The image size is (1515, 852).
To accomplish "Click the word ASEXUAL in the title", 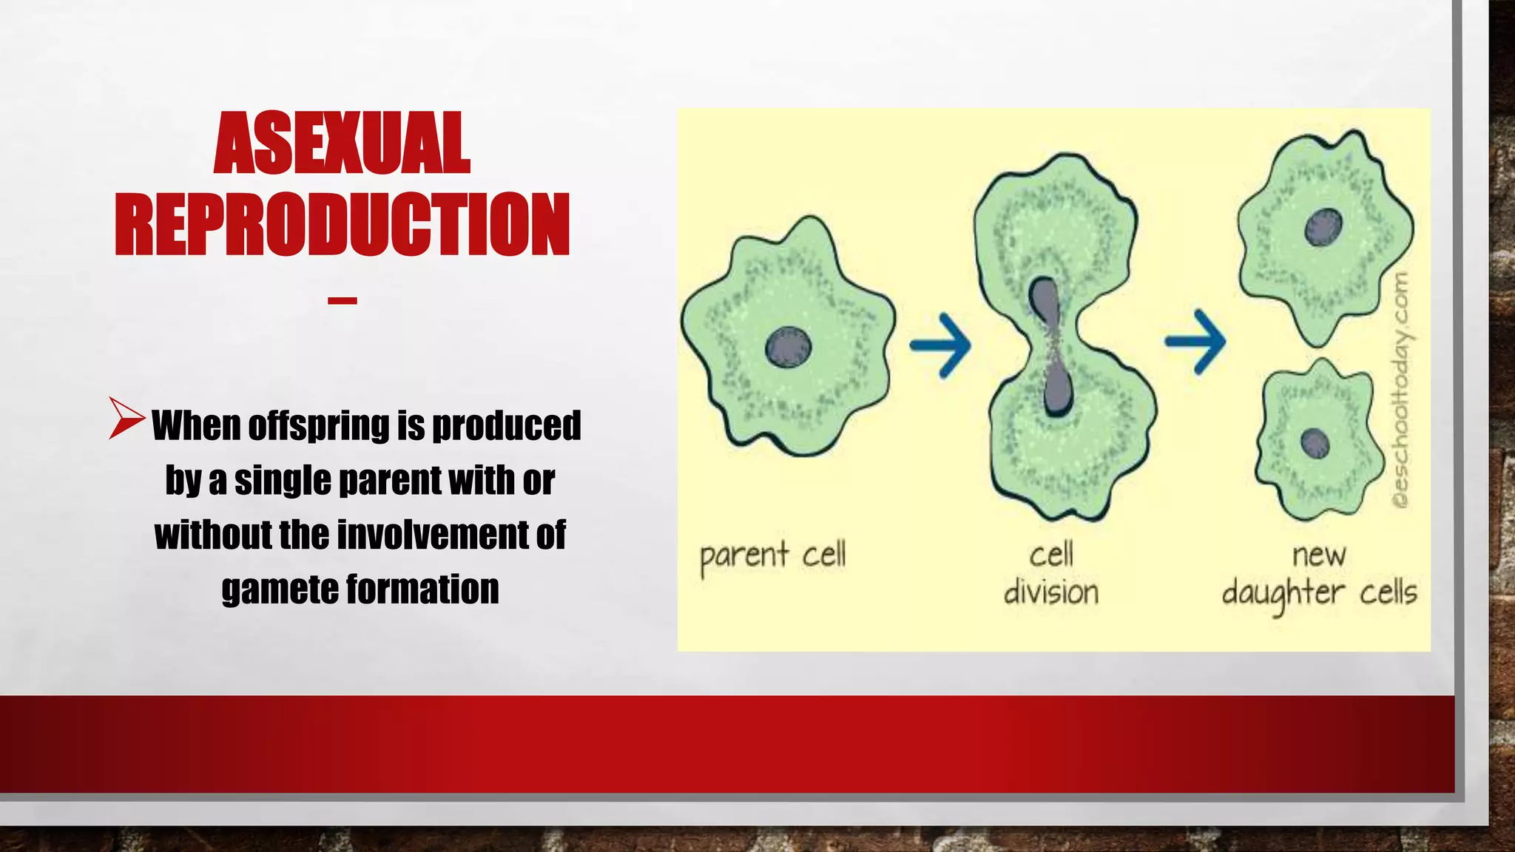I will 342,143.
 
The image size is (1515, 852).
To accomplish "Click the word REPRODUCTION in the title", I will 342,225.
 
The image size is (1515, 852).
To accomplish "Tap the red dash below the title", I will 343,300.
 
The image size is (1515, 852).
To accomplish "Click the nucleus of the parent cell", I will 788,347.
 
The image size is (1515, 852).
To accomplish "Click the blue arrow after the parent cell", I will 940,345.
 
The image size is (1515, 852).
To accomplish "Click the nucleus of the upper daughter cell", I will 1323,227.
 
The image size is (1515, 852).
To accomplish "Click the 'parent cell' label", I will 772,556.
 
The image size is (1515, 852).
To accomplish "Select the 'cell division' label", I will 1050,574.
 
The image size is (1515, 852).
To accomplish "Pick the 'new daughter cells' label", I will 1319,575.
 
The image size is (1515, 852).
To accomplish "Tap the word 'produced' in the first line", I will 506,426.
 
